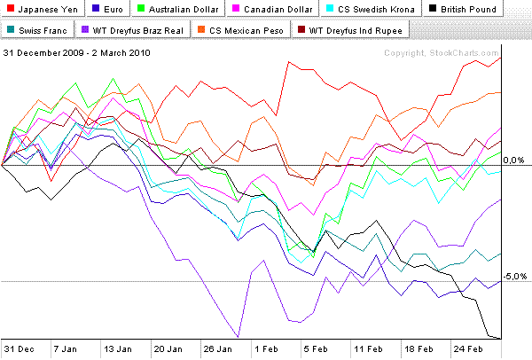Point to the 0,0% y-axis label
[514, 160]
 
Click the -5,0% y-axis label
[513, 277]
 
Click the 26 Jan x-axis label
[218, 349]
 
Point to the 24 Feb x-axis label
[467, 349]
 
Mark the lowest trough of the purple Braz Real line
[237, 337]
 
